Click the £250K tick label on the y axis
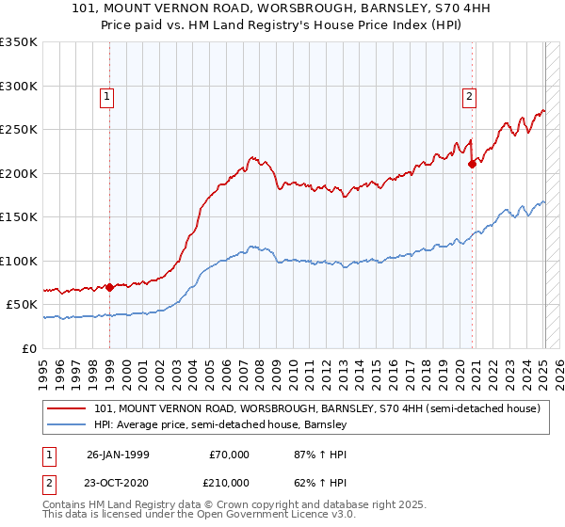(18, 130)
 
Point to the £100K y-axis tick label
(18, 261)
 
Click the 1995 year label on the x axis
(42, 367)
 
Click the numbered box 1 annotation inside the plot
(107, 95)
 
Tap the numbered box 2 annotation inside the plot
(468, 95)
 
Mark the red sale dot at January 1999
(110, 287)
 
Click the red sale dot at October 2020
(473, 164)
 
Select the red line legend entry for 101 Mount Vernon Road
(316, 409)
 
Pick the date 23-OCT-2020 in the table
(120, 482)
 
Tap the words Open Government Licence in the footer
(254, 517)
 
